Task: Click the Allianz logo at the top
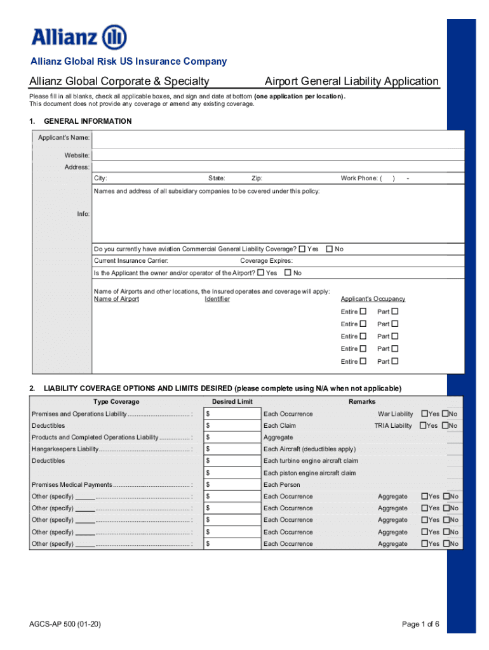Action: pos(79,37)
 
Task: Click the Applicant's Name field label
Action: pos(64,138)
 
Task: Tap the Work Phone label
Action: pos(359,178)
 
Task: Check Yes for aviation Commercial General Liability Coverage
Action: pos(302,249)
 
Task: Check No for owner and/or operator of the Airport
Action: pos(288,273)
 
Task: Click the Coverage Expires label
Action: pos(266,261)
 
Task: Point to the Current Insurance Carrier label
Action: pos(131,261)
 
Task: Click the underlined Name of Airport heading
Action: pos(116,299)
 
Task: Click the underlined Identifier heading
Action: pos(217,299)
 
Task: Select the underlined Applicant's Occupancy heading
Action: pos(373,299)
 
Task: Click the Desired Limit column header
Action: pos(232,402)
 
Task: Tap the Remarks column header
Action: pos(362,402)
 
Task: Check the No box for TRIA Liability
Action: pos(446,425)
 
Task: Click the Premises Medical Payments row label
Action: pos(72,485)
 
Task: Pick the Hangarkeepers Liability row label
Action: pos(65,449)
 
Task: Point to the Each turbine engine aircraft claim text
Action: pos(311,461)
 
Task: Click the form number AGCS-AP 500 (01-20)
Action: pos(65,625)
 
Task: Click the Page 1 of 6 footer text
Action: pos(420,625)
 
